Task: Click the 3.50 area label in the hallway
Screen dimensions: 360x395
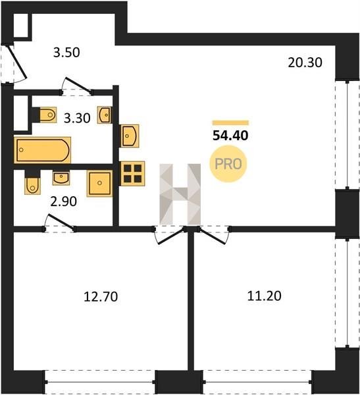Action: pyautogui.click(x=66, y=53)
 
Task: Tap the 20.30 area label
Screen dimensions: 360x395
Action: pyautogui.click(x=305, y=63)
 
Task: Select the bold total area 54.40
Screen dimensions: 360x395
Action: pyautogui.click(x=230, y=136)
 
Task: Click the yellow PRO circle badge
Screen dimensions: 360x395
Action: pyautogui.click(x=228, y=164)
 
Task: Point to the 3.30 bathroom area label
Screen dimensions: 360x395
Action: pyautogui.click(x=77, y=118)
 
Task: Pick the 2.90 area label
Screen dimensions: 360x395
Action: pyautogui.click(x=63, y=201)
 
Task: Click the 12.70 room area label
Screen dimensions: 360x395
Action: pyautogui.click(x=101, y=297)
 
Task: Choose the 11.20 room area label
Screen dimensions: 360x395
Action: pyautogui.click(x=265, y=296)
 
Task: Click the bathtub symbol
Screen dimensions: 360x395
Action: pyautogui.click(x=43, y=150)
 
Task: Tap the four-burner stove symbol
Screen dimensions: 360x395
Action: pyautogui.click(x=132, y=174)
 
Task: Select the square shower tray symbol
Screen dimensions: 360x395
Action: pyautogui.click(x=99, y=183)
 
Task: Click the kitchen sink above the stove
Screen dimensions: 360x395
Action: pyautogui.click(x=130, y=136)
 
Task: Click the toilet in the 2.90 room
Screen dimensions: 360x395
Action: pyautogui.click(x=32, y=185)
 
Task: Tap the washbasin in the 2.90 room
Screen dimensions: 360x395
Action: pyautogui.click(x=61, y=177)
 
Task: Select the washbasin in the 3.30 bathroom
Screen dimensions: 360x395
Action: pyautogui.click(x=105, y=115)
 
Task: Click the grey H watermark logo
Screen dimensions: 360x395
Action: pyautogui.click(x=180, y=194)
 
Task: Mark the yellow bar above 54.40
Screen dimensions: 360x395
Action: pyautogui.click(x=230, y=123)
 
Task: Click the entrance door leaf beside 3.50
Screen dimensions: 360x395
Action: pyautogui.click(x=17, y=61)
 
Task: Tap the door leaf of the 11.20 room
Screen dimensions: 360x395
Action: pyautogui.click(x=211, y=236)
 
